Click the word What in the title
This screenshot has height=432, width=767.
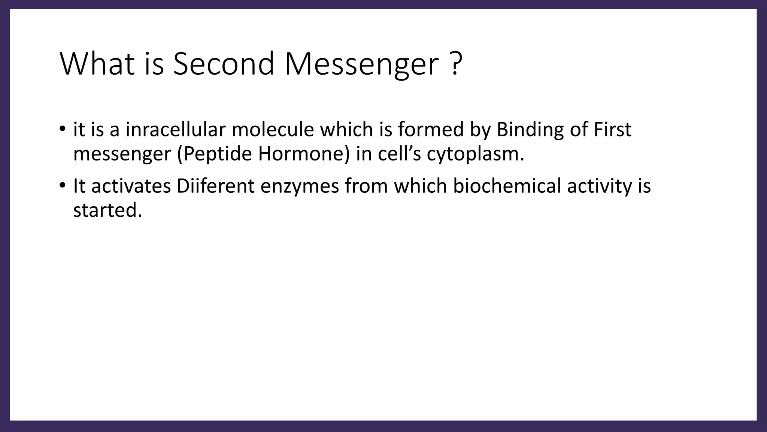pos(97,64)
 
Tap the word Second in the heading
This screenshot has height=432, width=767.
pos(224,64)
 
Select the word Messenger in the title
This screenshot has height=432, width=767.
pos(361,64)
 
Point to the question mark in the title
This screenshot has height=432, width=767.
pos(455,64)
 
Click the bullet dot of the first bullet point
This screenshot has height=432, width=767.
pos(62,129)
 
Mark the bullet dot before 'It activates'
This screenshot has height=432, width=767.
pos(62,186)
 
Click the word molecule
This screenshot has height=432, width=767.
pos(273,129)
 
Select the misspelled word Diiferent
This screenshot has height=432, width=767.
pos(215,186)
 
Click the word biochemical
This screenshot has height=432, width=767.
pos(507,186)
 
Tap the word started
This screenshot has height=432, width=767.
pos(107,210)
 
